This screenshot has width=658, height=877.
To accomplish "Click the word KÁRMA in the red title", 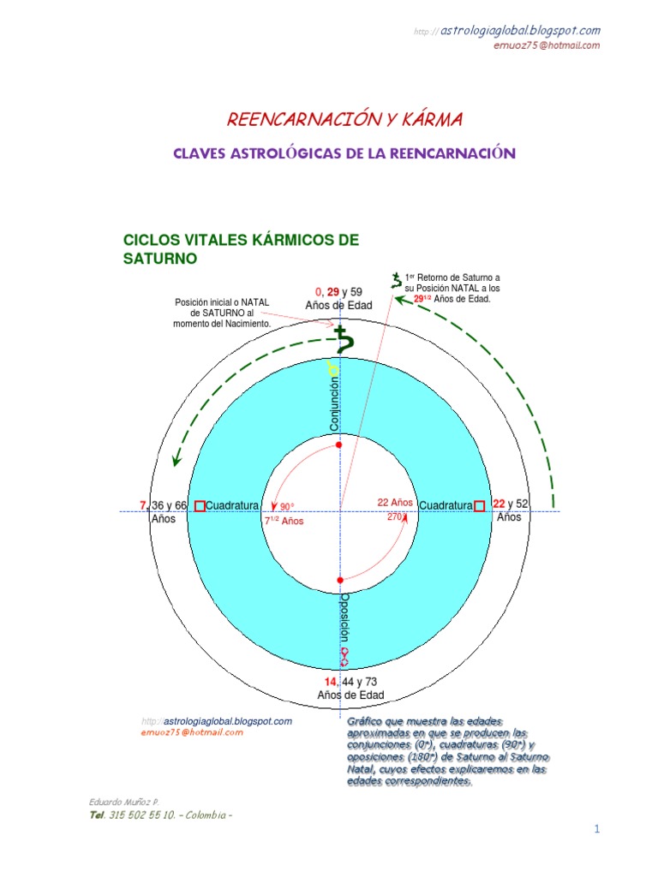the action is (x=423, y=120).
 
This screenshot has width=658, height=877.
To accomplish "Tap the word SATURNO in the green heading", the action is (x=161, y=257).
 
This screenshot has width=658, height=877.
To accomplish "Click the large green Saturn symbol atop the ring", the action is (x=344, y=340).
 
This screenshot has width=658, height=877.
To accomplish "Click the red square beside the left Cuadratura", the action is (x=200, y=506).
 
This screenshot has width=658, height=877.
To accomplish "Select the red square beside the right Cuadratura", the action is (x=480, y=505).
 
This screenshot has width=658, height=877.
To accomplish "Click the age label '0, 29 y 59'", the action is (x=338, y=292).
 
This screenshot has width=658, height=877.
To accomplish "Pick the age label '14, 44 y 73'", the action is (x=350, y=681).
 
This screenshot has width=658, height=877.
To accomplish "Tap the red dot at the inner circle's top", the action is (x=339, y=445).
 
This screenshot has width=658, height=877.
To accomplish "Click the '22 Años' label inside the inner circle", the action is (x=395, y=503).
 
